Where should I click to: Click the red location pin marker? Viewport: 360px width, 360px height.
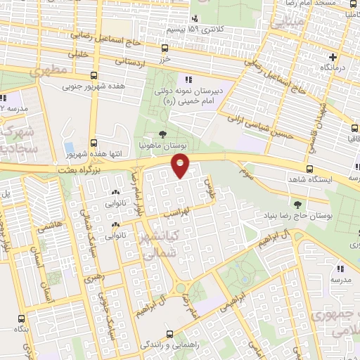point(181,166)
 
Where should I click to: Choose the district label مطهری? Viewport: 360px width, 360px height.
point(56,70)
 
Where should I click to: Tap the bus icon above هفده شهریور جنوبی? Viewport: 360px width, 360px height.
point(95,76)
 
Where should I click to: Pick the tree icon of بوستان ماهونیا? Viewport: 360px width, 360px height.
point(163,134)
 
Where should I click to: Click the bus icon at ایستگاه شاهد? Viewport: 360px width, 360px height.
point(309,169)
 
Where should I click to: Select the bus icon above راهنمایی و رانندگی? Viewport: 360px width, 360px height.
point(169,334)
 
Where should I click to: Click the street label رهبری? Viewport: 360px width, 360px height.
point(94,278)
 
